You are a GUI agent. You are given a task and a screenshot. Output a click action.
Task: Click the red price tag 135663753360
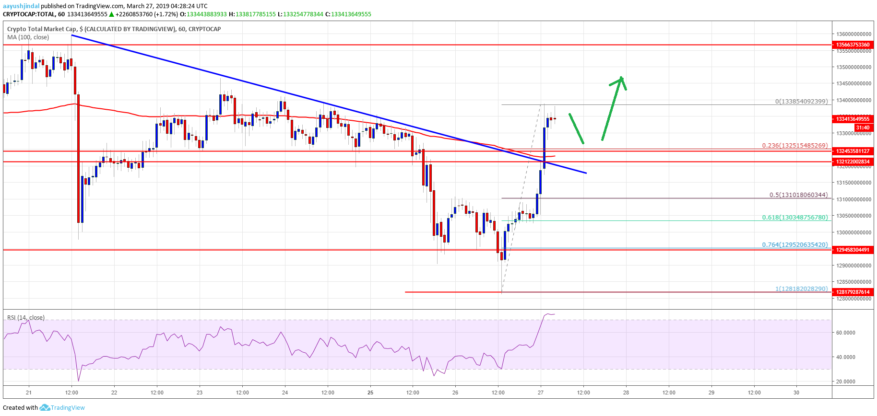click(853, 45)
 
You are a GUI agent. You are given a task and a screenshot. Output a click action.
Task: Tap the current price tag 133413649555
click(853, 119)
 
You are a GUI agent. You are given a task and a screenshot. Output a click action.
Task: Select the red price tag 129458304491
click(853, 250)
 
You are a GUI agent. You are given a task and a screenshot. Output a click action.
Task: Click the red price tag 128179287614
click(853, 292)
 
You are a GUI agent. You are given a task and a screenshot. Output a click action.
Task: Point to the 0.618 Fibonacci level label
click(794, 217)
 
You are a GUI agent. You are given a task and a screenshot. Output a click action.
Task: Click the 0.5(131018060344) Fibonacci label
click(798, 195)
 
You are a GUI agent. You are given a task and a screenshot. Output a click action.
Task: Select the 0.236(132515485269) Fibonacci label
click(794, 145)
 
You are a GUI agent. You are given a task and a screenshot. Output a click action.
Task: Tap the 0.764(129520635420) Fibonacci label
click(794, 244)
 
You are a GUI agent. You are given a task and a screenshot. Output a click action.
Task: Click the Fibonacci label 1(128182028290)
click(801, 289)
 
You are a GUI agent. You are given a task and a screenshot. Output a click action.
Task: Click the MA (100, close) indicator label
click(28, 37)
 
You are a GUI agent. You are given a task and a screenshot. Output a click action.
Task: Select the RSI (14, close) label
click(26, 317)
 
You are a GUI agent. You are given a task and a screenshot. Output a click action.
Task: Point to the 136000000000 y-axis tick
click(853, 34)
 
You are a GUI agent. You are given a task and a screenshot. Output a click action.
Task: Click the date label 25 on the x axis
click(370, 393)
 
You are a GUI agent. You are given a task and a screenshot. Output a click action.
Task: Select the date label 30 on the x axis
click(796, 393)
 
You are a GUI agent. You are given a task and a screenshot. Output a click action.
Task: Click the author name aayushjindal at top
click(21, 6)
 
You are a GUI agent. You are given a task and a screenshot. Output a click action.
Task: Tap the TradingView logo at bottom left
click(62, 407)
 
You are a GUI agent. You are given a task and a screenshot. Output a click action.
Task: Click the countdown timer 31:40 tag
click(862, 127)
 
